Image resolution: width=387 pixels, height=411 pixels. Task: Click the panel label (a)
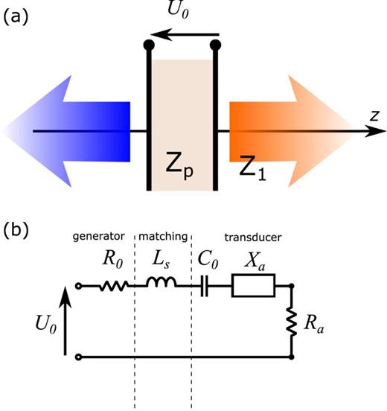16,16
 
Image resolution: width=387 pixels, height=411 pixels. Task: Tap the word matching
161,238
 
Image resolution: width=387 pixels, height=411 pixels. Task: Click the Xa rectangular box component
254,285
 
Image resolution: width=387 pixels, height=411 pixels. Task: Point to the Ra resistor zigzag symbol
292,322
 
